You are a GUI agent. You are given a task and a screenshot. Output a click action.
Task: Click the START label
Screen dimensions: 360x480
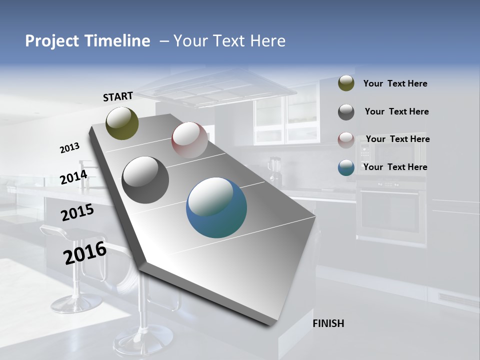tap(118, 96)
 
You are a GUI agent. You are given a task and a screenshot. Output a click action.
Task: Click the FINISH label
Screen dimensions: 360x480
tap(328, 323)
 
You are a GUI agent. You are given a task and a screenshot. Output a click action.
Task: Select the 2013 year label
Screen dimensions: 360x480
tap(69, 148)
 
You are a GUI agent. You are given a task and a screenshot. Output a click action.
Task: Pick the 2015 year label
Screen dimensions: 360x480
tap(77, 212)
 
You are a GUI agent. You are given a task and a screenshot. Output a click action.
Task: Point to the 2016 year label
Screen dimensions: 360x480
tap(84, 253)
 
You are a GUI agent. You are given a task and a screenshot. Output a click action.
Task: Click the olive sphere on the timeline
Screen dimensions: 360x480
tap(122, 123)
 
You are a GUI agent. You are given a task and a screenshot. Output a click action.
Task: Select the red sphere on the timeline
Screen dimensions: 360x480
tap(189, 139)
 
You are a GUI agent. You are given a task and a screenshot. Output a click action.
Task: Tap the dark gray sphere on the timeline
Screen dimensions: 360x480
tap(145, 179)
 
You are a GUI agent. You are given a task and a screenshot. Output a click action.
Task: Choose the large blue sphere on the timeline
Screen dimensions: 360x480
tap(216, 207)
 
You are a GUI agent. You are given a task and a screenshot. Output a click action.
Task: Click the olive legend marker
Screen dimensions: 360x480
tap(346, 83)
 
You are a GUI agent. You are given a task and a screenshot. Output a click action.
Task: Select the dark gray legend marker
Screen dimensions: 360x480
tap(346, 112)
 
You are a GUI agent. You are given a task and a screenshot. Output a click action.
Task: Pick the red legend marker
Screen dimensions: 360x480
tap(346, 140)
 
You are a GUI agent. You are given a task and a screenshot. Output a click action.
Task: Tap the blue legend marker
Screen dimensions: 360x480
tap(346, 167)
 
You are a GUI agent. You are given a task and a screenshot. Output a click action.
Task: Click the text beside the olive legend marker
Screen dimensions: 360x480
tap(395, 83)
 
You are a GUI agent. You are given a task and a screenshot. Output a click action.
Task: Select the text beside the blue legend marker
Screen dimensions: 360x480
tap(395, 167)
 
